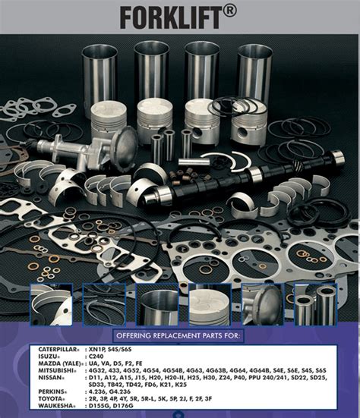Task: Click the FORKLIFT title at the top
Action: click(x=172, y=16)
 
